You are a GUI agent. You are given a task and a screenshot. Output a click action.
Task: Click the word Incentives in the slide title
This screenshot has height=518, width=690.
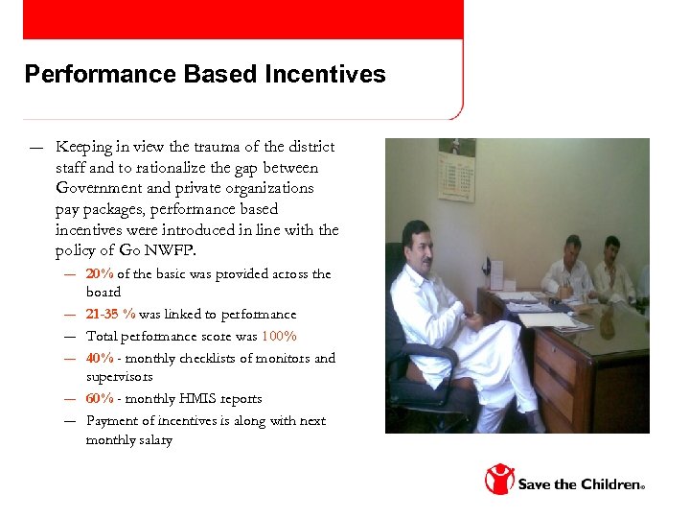332,74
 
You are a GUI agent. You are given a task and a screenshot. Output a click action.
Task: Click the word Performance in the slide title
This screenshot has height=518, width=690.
87,74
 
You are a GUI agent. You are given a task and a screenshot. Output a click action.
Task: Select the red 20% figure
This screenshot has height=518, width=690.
100,273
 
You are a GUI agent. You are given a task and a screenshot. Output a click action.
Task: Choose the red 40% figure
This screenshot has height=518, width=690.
100,358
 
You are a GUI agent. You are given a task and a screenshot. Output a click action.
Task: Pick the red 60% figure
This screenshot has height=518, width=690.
100,398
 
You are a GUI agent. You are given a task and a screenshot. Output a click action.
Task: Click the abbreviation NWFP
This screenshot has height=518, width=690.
178,250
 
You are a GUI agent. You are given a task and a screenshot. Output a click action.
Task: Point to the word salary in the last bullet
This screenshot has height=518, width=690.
154,439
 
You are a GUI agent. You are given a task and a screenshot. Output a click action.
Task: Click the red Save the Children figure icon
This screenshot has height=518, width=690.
498,478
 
